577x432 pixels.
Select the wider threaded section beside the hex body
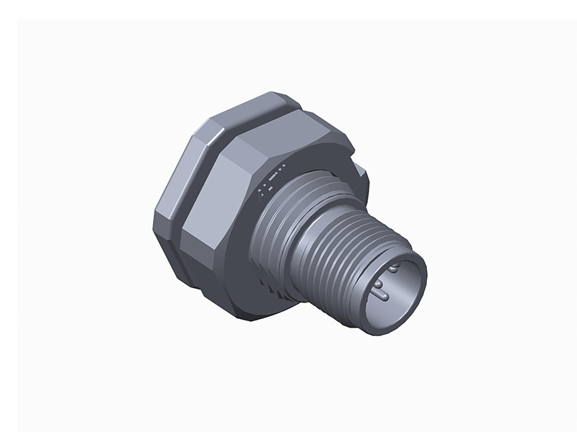point(278,216)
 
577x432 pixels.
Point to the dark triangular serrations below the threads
point(278,288)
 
